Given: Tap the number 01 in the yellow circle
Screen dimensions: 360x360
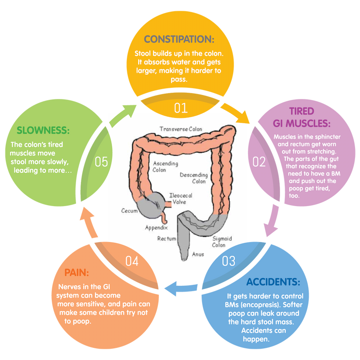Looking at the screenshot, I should pos(180,108).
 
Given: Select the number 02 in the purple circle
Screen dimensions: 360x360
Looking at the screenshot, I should pos(259,162).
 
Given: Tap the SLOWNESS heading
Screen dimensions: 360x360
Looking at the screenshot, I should pos(43,130).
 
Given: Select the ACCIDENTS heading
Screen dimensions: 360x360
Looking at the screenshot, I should pos(273,282).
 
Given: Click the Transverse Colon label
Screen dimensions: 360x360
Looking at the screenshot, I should pos(181,129).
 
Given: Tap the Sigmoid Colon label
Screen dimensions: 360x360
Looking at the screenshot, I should pos(219,242).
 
